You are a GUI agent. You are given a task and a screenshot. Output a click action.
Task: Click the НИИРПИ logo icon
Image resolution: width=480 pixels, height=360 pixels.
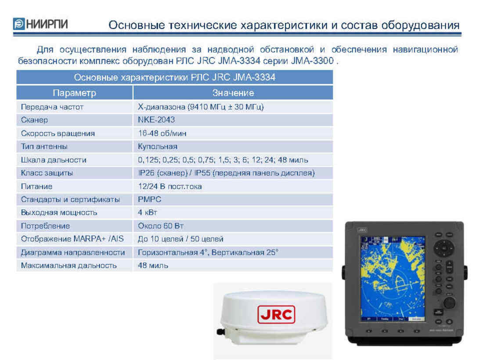pyautogui.click(x=19, y=24)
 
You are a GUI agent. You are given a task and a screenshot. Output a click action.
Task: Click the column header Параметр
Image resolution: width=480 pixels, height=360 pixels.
pyautogui.click(x=74, y=93)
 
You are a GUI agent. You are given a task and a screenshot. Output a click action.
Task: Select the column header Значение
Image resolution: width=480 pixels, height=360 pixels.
pyautogui.click(x=233, y=93)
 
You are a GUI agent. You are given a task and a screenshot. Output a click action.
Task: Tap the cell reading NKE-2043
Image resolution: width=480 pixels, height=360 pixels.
pyautogui.click(x=156, y=120)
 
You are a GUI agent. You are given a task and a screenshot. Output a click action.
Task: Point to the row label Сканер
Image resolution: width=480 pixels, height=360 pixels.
pyautogui.click(x=34, y=120)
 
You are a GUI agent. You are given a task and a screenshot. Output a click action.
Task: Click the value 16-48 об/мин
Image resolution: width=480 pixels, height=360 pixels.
pyautogui.click(x=162, y=133)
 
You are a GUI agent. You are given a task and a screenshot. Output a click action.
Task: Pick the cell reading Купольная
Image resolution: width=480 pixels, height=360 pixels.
pyautogui.click(x=157, y=147)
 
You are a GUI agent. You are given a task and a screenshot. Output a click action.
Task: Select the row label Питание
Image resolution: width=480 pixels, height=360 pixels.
pyautogui.click(x=36, y=187)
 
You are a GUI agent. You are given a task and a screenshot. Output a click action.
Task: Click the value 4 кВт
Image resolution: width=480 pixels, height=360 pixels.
pyautogui.click(x=147, y=212)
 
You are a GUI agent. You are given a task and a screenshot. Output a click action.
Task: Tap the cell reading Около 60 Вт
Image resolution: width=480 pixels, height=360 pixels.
pyautogui.click(x=160, y=226)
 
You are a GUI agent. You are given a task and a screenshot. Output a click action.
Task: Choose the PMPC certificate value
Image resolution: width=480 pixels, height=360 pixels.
pyautogui.click(x=149, y=199)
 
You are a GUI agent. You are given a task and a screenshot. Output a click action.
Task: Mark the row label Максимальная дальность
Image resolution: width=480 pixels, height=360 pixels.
pyautogui.click(x=69, y=266)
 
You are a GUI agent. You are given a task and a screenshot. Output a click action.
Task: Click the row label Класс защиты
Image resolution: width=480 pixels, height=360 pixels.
pyautogui.click(x=47, y=173)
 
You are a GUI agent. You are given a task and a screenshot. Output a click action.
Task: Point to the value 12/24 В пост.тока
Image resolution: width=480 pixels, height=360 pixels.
pyautogui.click(x=170, y=187)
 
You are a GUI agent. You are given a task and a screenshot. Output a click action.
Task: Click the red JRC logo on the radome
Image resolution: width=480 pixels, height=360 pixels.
pyautogui.click(x=276, y=314)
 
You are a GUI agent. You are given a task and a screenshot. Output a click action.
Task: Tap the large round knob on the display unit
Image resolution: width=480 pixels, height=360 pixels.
pyautogui.click(x=449, y=303)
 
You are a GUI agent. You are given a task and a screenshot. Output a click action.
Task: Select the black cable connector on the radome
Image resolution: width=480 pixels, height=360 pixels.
pyautogui.click(x=220, y=331)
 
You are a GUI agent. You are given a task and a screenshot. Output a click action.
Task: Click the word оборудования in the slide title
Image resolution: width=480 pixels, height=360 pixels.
pyautogui.click(x=420, y=25)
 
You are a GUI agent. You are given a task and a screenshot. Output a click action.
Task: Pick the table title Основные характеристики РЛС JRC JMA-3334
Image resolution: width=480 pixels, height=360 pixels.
pyautogui.click(x=174, y=77)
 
